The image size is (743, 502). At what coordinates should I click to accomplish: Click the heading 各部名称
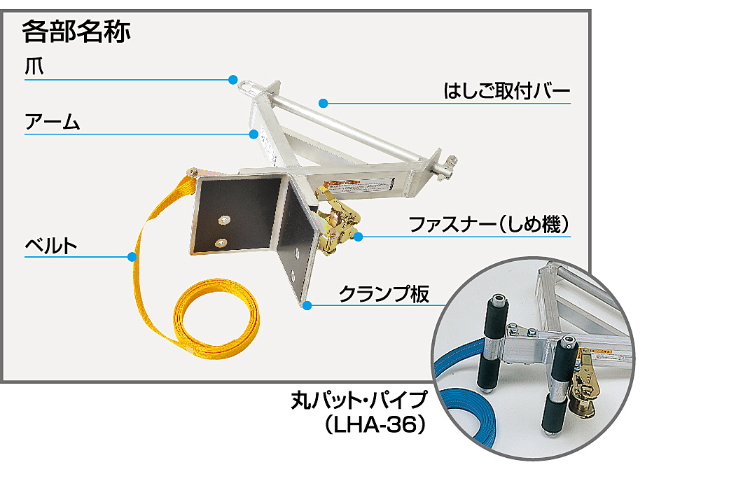(x=76, y=32)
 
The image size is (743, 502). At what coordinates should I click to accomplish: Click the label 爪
(x=34, y=68)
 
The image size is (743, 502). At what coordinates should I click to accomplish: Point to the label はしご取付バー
(x=507, y=92)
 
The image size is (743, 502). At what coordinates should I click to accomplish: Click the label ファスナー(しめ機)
(x=488, y=225)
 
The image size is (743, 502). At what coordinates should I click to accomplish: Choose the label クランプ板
(x=383, y=293)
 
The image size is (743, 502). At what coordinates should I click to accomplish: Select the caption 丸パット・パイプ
(x=359, y=401)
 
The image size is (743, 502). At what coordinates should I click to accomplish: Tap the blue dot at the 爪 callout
(x=232, y=78)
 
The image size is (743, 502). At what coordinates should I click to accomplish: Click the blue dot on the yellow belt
(x=132, y=257)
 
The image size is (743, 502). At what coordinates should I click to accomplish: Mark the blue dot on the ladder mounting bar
(x=323, y=104)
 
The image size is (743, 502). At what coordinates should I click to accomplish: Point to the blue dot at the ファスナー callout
(x=358, y=237)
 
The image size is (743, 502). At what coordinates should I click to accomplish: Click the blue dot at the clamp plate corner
(x=306, y=305)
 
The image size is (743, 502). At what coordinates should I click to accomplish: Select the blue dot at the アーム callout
(x=254, y=133)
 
